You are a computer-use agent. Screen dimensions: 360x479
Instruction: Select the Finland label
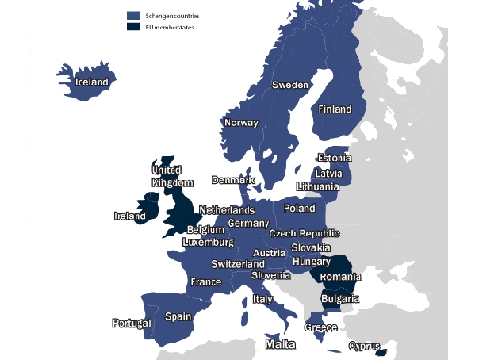click(x=335, y=109)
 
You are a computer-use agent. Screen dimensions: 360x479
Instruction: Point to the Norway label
click(x=241, y=123)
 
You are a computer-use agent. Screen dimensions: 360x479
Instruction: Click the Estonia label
click(x=334, y=159)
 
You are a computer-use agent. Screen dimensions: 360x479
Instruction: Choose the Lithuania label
click(x=317, y=187)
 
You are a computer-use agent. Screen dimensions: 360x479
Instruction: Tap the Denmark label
click(x=233, y=181)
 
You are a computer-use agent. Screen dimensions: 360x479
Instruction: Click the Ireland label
click(x=130, y=216)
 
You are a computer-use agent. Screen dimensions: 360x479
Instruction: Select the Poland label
click(x=300, y=209)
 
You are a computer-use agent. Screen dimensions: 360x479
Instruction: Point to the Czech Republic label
click(x=305, y=234)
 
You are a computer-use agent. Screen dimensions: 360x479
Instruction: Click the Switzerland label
click(x=238, y=264)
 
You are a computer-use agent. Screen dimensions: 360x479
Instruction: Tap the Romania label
click(x=340, y=278)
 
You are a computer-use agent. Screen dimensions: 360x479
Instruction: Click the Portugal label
click(x=131, y=324)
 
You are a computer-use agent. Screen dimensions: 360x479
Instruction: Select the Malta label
click(x=280, y=345)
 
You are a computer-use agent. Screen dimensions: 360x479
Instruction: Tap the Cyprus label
click(x=365, y=347)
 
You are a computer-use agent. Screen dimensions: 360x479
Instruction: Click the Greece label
click(x=320, y=327)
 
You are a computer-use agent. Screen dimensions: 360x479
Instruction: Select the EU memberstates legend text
click(x=170, y=27)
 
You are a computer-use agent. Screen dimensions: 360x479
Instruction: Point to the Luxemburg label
click(x=208, y=242)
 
